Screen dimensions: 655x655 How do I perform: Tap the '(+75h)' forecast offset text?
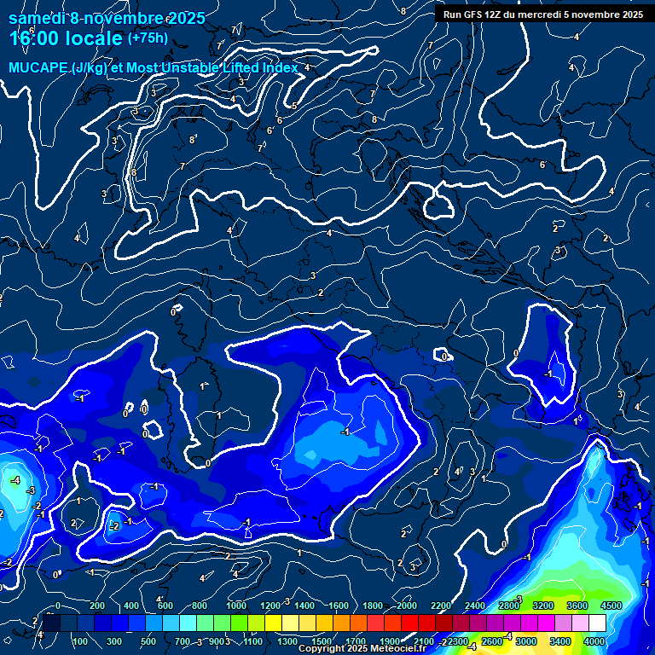coord(148,38)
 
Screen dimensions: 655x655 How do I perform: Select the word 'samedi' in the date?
coord(35,18)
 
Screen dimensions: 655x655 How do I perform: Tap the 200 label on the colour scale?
coord(97,606)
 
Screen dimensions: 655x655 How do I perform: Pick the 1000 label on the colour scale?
coord(236,606)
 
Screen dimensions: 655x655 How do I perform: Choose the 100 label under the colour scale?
coord(80,641)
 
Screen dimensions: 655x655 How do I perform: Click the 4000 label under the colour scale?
coord(595,641)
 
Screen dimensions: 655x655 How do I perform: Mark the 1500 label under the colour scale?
coord(321,641)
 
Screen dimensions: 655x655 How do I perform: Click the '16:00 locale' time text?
coord(65,38)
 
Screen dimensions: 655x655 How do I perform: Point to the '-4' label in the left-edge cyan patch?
coord(15,481)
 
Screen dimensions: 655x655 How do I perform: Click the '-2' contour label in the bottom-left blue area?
coord(113,526)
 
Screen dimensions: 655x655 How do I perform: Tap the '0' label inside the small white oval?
coord(444,356)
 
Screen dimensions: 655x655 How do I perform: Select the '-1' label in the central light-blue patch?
coord(345,432)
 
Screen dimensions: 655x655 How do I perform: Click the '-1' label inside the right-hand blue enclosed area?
coord(549,374)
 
